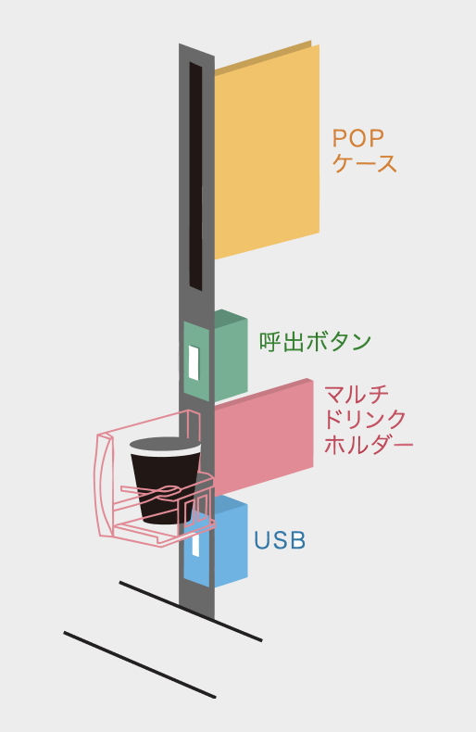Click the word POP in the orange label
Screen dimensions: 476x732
[x=358, y=138]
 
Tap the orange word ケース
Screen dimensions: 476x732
[x=365, y=163]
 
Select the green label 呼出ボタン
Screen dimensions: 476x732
[x=315, y=342]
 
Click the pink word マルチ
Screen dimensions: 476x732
[x=357, y=395]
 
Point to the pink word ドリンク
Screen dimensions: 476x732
[x=365, y=420]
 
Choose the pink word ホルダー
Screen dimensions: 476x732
[x=369, y=445]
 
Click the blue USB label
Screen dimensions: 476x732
[x=280, y=540]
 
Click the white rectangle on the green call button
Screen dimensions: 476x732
[x=194, y=362]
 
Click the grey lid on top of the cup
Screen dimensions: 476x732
[x=165, y=445]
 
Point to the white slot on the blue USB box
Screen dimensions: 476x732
[x=195, y=545]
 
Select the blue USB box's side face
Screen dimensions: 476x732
[x=231, y=545]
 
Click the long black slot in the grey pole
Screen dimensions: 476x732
[x=195, y=176]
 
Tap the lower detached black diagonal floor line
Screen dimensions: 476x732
[x=140, y=664]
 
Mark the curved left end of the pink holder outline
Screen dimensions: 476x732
[x=105, y=486]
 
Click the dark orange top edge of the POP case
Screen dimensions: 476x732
[x=263, y=57]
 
